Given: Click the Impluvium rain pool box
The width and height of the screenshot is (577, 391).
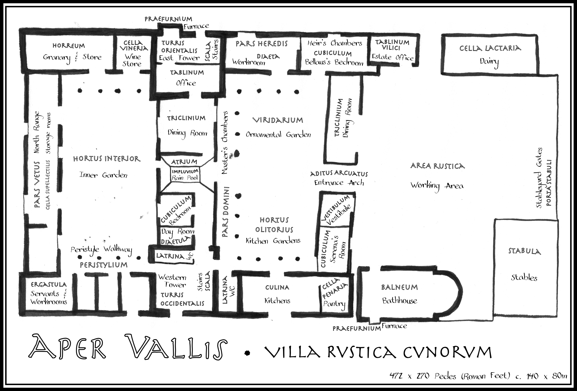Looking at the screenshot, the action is [185, 175].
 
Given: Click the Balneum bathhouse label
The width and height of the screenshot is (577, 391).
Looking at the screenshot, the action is [399, 294].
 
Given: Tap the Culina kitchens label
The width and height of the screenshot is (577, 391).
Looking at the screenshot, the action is [277, 294].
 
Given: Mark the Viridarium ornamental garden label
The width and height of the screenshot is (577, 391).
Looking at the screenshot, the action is [278, 127].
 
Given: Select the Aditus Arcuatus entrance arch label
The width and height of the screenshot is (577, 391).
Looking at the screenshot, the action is [339, 178].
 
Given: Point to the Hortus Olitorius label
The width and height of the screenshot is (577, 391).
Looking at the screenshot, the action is [273, 230].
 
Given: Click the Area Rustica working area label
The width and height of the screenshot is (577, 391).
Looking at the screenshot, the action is [437, 176].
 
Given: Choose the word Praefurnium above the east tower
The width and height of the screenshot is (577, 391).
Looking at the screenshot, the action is [168, 19].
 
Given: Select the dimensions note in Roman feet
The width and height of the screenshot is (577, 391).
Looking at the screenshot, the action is [478, 376].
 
